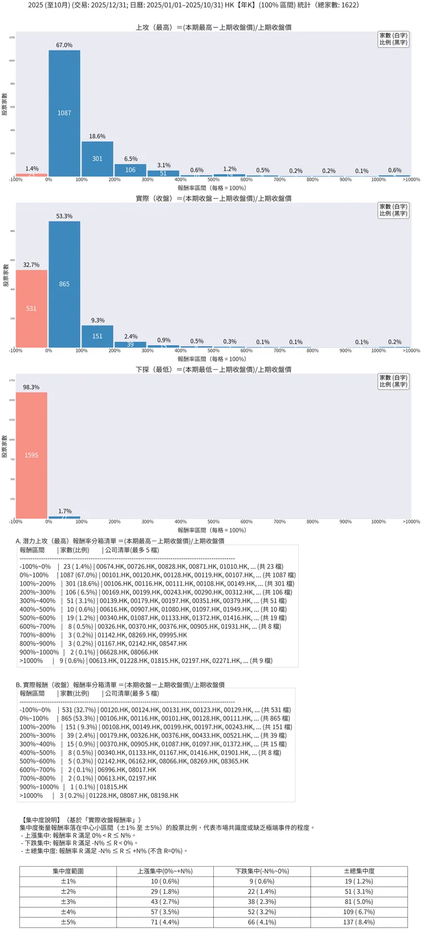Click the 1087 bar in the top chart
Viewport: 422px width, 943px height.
click(64, 113)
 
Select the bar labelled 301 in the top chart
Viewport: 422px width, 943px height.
click(98, 159)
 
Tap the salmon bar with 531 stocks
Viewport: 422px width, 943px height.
click(31, 308)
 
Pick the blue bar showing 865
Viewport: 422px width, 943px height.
click(64, 284)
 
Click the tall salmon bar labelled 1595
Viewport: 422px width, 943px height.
click(31, 455)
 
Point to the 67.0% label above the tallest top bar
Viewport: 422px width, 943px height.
click(64, 45)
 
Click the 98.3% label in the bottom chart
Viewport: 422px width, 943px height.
click(31, 387)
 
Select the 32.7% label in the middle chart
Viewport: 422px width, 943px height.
click(31, 265)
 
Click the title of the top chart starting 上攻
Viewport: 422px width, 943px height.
click(213, 27)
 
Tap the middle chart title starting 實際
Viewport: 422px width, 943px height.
click(213, 198)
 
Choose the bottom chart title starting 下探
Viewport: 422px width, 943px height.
click(213, 369)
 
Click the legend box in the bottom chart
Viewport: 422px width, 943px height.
click(393, 381)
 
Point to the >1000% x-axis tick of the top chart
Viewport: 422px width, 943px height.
click(411, 179)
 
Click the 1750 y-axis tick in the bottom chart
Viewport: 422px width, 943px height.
click(11, 380)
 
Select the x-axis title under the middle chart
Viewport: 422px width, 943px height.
click(212, 359)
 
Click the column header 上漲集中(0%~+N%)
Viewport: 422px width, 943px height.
click(165, 871)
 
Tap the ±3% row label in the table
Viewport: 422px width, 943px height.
click(68, 902)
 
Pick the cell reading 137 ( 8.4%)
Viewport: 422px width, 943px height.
click(359, 922)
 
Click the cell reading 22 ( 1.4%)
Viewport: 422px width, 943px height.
click(262, 892)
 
